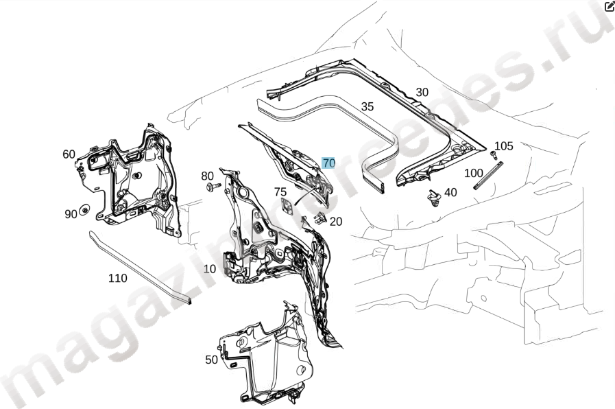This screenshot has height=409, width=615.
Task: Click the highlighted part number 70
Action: tap(328, 163)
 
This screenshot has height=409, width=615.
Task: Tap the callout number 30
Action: tap(422, 93)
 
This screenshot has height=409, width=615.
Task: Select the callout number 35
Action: tap(367, 106)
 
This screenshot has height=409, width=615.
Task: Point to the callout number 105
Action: tap(504, 146)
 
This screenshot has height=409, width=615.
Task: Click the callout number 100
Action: tap(474, 173)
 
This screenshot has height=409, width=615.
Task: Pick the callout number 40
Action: tap(450, 193)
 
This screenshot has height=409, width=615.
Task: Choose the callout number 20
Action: tap(335, 221)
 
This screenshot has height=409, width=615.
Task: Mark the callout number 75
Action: tap(280, 192)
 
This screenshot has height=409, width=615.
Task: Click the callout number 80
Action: tap(208, 176)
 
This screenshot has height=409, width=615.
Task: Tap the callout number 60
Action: tap(69, 154)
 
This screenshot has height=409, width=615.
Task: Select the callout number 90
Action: tap(71, 214)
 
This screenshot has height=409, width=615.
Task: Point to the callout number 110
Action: tap(118, 278)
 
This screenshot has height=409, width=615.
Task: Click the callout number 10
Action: tap(210, 269)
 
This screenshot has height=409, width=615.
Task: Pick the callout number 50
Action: tap(212, 360)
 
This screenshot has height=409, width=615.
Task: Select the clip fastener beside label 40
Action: tap(433, 198)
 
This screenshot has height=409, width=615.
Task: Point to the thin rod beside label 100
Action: tap(492, 175)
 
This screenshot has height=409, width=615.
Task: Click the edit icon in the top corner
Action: tap(609, 6)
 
